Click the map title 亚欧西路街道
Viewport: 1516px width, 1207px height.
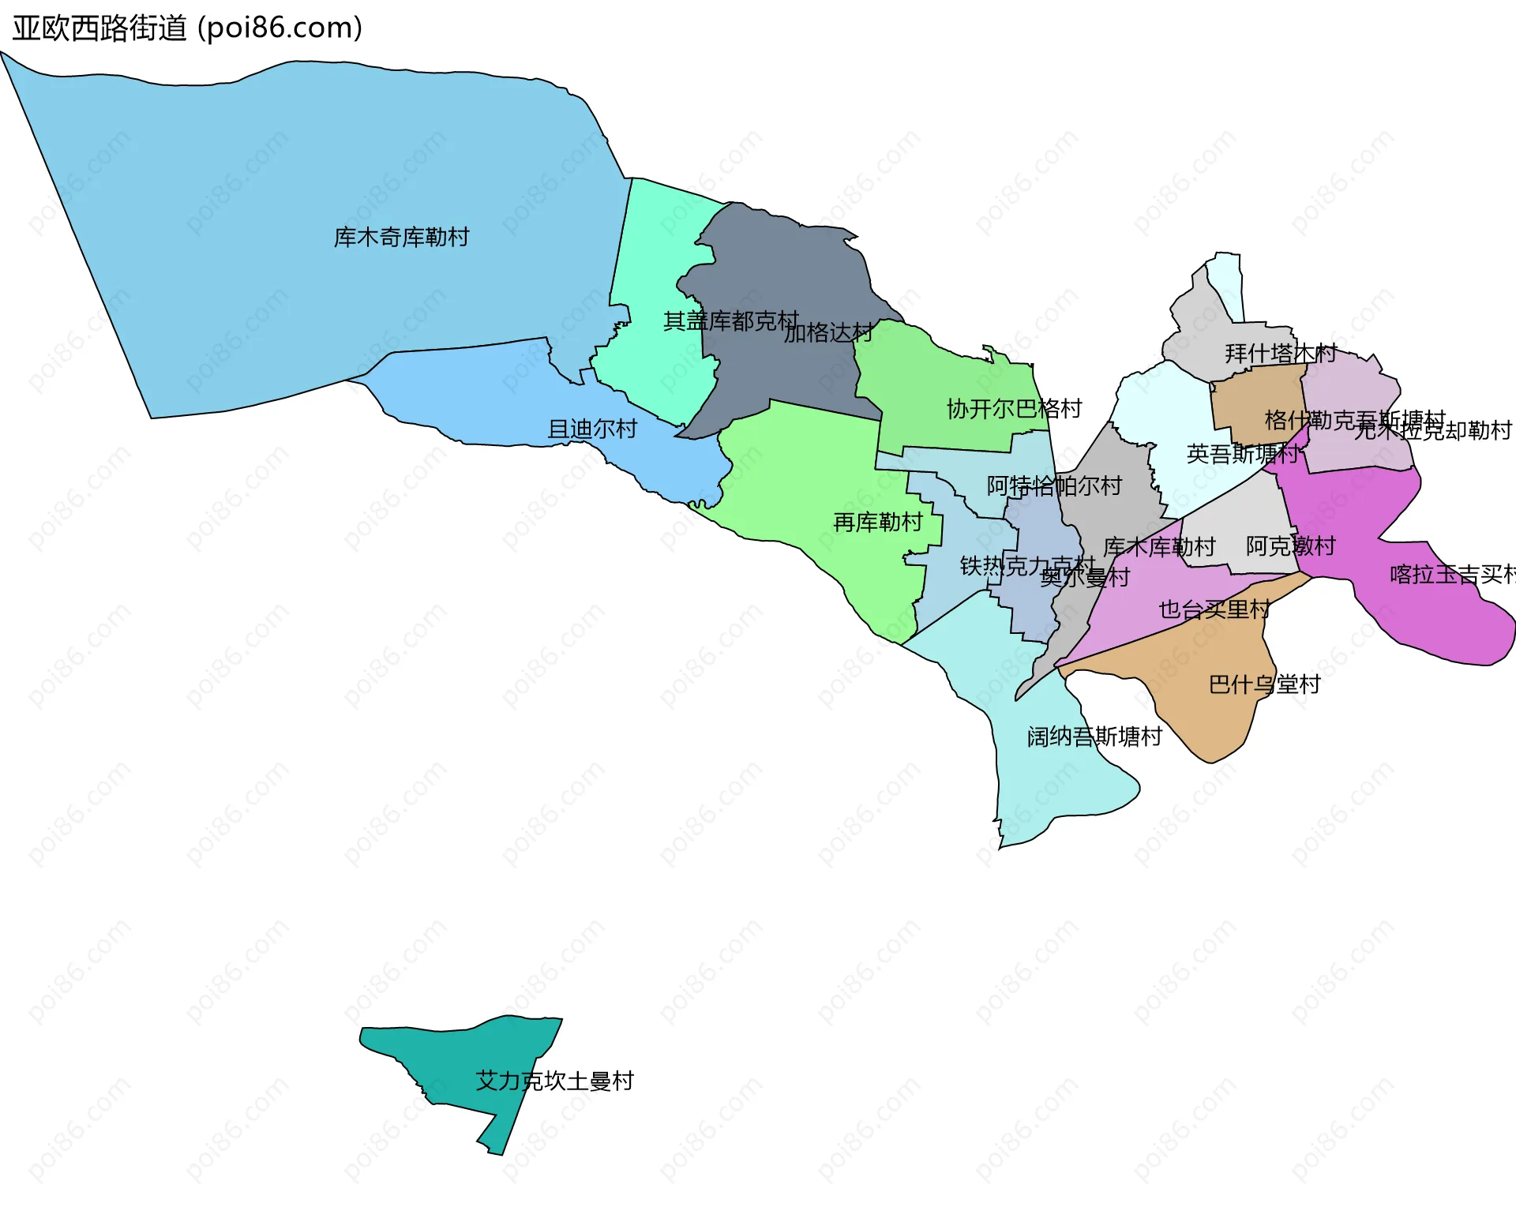pos(99,28)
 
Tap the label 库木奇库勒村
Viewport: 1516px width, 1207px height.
pos(401,237)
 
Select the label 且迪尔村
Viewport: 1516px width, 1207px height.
pos(592,429)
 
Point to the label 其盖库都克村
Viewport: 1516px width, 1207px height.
pos(730,320)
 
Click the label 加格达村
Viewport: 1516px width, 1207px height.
pos(828,332)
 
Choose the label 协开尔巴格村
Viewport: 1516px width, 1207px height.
pos(1014,408)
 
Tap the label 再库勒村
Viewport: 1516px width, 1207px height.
pos(877,522)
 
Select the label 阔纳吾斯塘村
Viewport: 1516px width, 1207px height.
pos(1094,736)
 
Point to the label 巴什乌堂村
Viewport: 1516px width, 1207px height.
pos(1264,684)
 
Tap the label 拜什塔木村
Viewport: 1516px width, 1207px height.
pos(1280,353)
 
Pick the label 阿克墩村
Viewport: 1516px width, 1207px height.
pos(1290,545)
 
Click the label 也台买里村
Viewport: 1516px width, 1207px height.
pos(1214,609)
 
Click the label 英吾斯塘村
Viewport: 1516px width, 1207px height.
pos(1242,453)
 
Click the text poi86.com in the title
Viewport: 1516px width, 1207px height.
pos(280,28)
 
